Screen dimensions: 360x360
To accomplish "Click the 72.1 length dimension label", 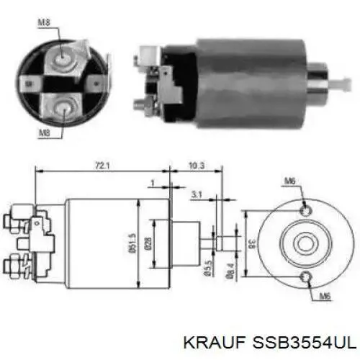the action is coord(102,166).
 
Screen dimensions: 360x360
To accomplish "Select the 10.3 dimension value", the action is coord(197,166).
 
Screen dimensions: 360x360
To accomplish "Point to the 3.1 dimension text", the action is coord(197,195).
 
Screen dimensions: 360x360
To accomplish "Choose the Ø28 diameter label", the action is coord(148,243).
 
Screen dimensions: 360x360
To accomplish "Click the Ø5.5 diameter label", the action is coord(208,268).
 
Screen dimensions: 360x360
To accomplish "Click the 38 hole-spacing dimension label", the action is coord(252,243).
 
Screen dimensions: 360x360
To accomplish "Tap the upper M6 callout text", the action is coord(290,181).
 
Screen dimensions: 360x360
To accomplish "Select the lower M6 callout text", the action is coord(325,297).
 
